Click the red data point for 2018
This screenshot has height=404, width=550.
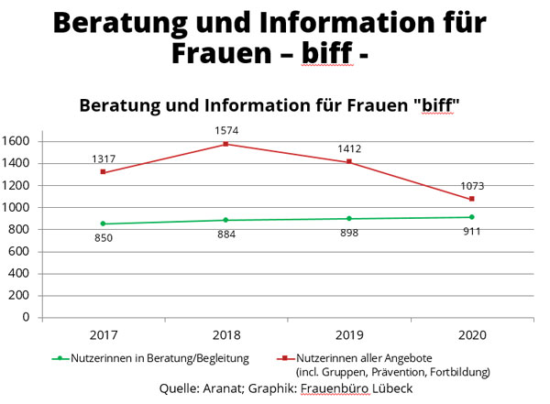[225, 144]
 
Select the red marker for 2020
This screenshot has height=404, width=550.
[471, 199]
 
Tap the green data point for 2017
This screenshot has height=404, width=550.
[103, 224]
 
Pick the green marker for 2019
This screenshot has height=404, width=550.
[348, 219]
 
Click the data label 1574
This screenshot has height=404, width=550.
[225, 129]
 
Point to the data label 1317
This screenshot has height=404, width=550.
[104, 159]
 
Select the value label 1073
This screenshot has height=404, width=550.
[471, 186]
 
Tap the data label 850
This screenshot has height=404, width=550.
[103, 239]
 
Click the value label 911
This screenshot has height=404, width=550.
[471, 231]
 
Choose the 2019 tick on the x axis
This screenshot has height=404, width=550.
[348, 334]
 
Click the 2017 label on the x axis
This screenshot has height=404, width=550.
[103, 334]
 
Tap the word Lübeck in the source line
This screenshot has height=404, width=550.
[391, 388]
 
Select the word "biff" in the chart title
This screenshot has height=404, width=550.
[436, 105]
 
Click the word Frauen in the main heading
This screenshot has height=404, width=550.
[226, 51]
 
